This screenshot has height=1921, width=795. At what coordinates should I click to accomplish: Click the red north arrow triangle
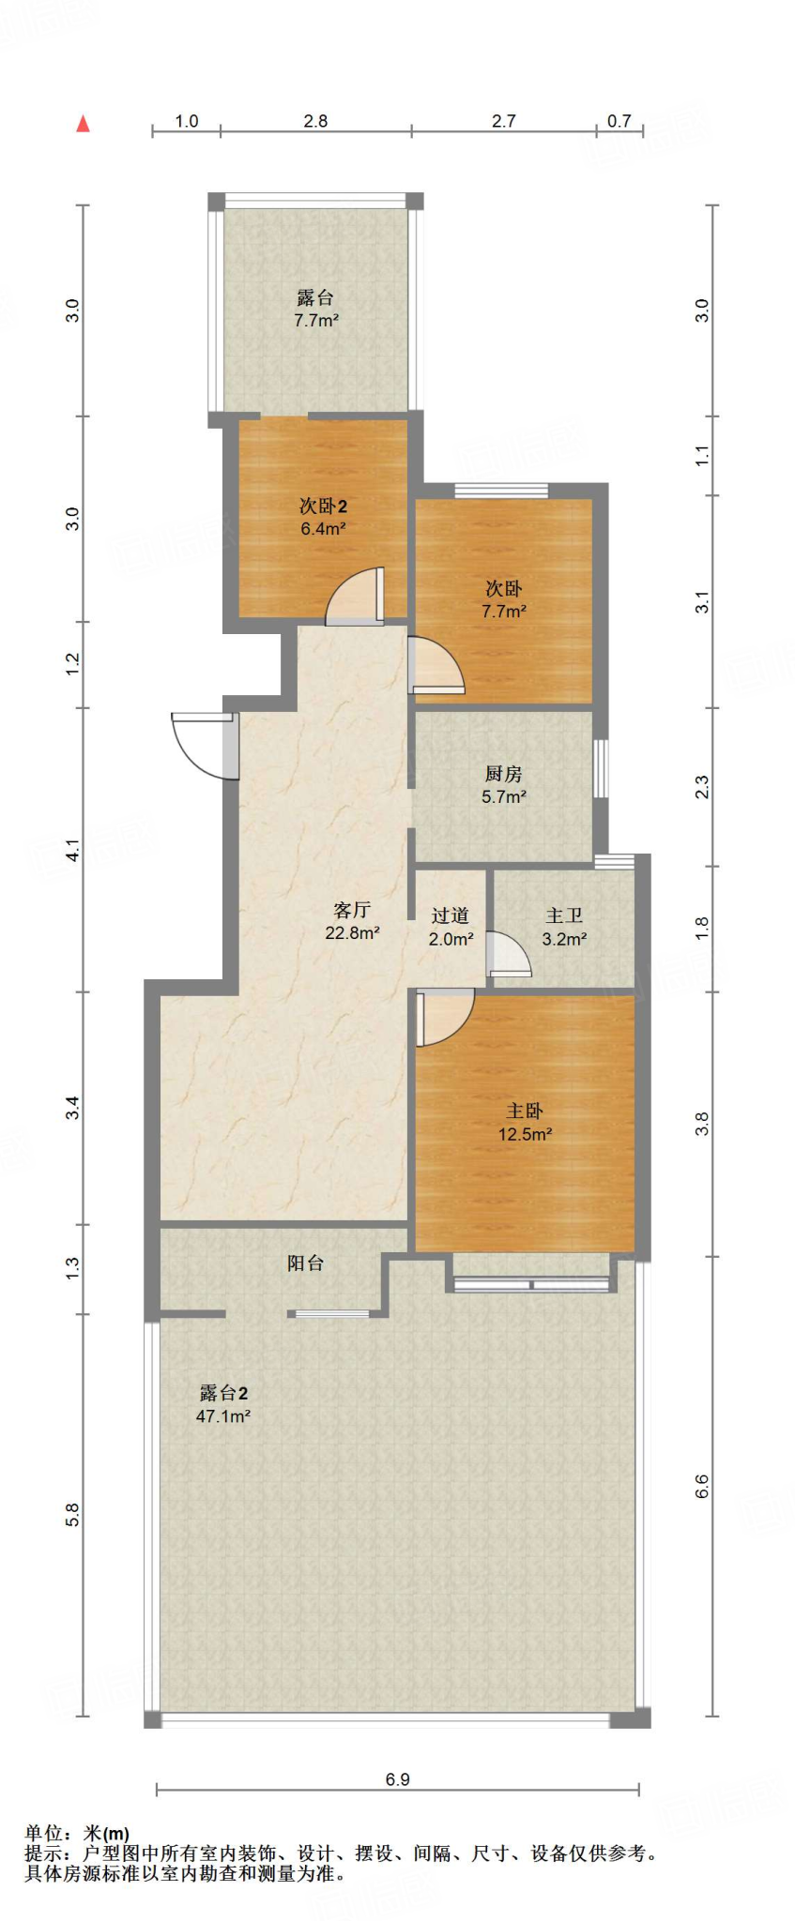click(83, 123)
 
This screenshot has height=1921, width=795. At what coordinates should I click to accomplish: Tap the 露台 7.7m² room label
click(315, 309)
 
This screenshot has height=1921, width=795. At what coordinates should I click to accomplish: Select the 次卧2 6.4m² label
click(323, 517)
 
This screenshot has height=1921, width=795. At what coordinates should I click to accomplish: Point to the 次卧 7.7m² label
click(503, 599)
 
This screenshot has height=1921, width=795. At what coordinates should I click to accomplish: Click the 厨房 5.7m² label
click(503, 785)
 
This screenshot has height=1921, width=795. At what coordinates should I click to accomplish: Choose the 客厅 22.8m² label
click(352, 921)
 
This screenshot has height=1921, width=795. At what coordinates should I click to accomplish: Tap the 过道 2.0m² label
click(451, 927)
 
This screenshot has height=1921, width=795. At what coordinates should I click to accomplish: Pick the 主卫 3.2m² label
click(564, 927)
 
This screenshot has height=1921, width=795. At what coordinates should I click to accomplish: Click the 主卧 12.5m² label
click(525, 1122)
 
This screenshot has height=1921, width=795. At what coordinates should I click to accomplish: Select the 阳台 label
click(305, 1263)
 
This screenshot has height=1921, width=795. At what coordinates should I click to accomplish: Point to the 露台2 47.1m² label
click(223, 1404)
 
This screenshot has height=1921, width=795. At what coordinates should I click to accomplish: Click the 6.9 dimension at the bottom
click(397, 1779)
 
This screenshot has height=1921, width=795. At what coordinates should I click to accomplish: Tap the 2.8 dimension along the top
click(315, 121)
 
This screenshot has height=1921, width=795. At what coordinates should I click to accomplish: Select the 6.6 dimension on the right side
click(701, 1487)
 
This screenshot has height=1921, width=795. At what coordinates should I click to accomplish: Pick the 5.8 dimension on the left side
click(72, 1515)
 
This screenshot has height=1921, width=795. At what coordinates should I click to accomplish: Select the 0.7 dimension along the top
click(619, 121)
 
